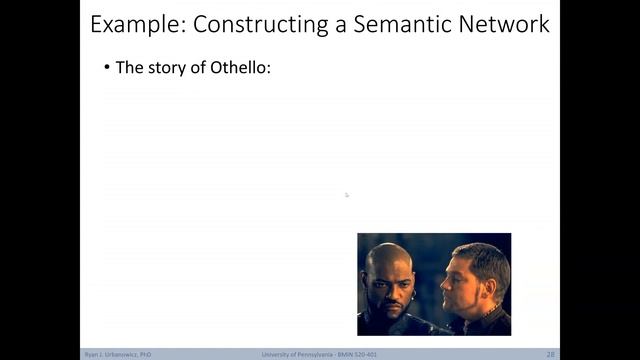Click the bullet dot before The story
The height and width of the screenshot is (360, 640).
point(107,69)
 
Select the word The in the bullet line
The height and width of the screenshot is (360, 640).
point(129,68)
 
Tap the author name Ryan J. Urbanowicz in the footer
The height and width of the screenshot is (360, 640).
point(117,354)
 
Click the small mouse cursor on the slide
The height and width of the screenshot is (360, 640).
point(347,195)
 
